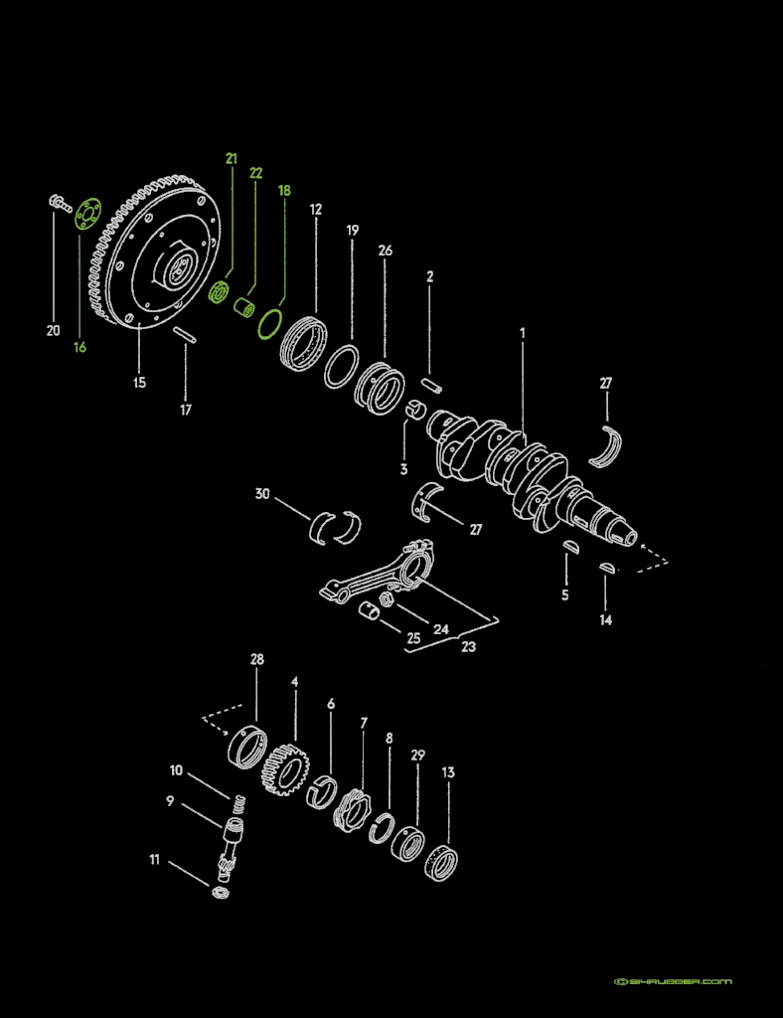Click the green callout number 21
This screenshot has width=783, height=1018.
coord(232,158)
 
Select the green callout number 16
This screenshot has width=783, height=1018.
coord(79,347)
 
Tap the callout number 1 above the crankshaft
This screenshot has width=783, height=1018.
coord(522,333)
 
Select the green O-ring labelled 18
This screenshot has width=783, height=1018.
coord(269,323)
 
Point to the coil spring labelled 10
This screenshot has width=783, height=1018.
coord(237,801)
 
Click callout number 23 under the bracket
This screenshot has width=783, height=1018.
coord(468,646)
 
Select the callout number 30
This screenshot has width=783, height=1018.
coord(262,494)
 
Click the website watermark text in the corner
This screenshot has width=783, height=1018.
coord(673,981)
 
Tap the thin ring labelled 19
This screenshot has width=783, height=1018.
coord(341,367)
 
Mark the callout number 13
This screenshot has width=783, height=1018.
coord(449,772)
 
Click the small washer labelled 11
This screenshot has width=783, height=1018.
coord(220,892)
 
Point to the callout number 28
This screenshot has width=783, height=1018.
coord(257,660)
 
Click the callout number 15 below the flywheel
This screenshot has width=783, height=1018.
coord(139,382)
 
